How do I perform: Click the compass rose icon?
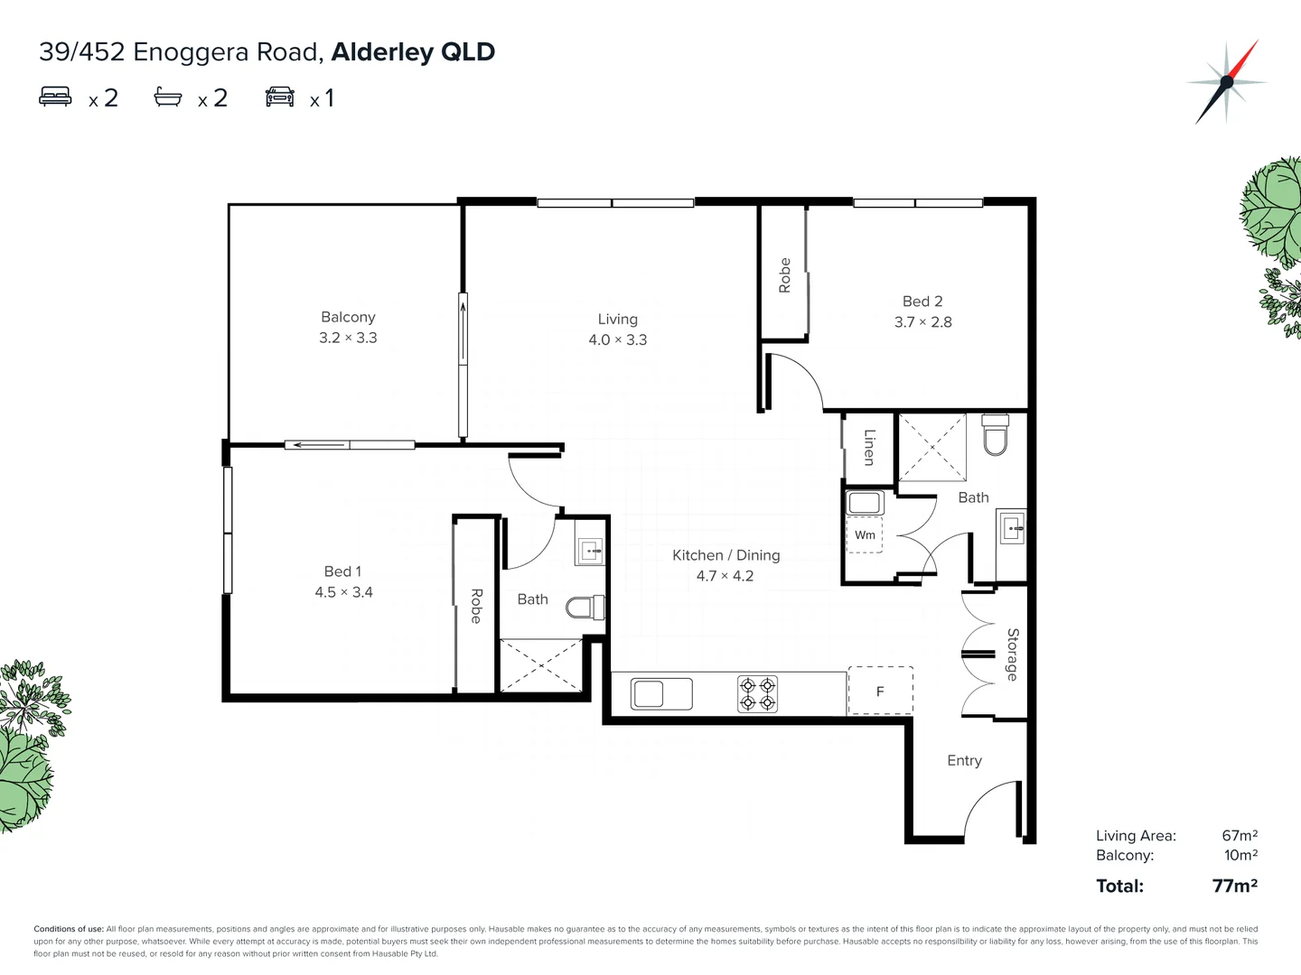coord(1226,82)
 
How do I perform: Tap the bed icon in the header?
coord(55,97)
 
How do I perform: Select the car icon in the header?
coord(280,97)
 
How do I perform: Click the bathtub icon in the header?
coord(168,97)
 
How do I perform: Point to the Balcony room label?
coord(348,317)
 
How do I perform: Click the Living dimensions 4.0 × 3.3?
coord(618,340)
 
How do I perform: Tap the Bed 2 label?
coord(922,302)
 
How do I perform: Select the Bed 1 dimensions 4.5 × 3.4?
coord(343,592)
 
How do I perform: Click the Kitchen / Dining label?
coord(725,555)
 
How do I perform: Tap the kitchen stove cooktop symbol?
coord(757,694)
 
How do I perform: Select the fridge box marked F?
coord(880,692)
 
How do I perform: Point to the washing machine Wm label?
coord(865,535)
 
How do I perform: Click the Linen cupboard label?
coord(869,447)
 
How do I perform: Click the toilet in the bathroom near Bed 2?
coord(994,437)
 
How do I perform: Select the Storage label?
coord(1012,655)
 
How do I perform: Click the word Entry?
coord(964,760)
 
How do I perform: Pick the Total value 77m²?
coord(1234,886)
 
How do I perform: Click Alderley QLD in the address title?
coord(413,51)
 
